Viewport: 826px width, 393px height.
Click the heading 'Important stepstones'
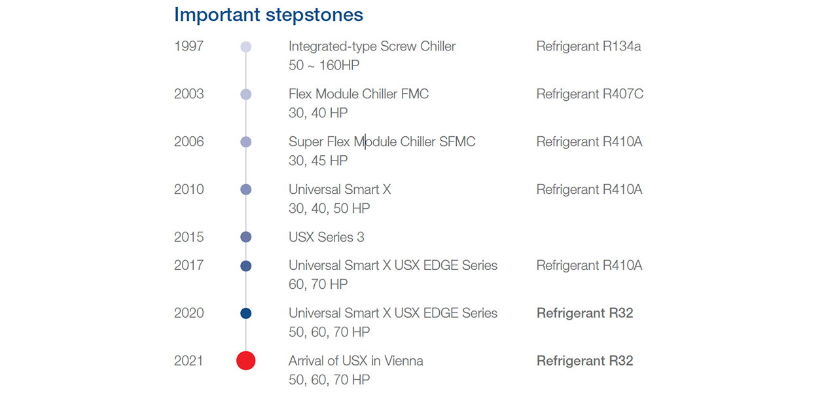click(x=268, y=15)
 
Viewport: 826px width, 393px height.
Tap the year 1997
click(x=189, y=46)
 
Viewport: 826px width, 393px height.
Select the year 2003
click(x=189, y=94)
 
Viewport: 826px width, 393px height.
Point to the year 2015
click(x=189, y=237)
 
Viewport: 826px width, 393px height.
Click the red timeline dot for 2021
click(x=246, y=360)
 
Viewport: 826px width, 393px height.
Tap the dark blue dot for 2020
click(x=246, y=313)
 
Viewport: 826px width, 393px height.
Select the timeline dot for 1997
click(x=246, y=47)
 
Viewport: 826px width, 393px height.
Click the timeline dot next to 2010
click(x=246, y=189)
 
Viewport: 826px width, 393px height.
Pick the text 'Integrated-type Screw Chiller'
click(x=372, y=47)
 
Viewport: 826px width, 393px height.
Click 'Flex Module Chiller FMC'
click(x=359, y=94)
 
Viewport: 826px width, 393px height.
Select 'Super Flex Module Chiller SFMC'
click(x=382, y=141)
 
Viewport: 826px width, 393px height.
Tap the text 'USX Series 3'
click(x=327, y=237)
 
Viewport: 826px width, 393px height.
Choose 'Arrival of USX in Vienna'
click(x=356, y=360)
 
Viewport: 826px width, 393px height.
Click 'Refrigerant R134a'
click(x=588, y=47)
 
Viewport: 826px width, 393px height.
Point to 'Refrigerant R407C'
click(x=590, y=94)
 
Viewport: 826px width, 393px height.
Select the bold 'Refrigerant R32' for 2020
click(x=585, y=313)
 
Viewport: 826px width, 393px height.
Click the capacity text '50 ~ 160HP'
click(x=324, y=65)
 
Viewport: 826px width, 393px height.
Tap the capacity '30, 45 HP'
click(x=318, y=160)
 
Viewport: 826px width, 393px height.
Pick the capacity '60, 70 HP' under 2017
click(x=318, y=284)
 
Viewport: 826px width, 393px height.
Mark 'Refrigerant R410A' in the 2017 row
click(x=589, y=265)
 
